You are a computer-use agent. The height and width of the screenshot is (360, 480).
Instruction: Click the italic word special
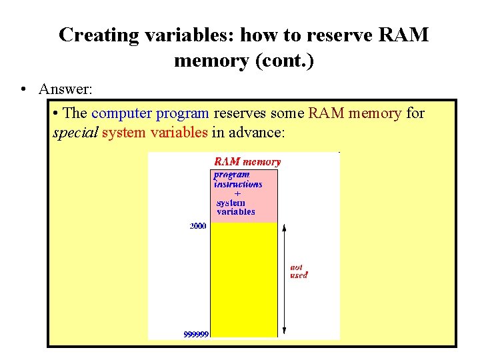75,133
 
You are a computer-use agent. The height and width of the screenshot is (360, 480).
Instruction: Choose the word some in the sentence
288,113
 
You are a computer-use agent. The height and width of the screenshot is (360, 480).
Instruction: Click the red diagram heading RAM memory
247,161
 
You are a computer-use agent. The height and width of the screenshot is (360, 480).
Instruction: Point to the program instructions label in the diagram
237,179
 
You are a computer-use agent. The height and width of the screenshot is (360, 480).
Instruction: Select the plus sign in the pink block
238,194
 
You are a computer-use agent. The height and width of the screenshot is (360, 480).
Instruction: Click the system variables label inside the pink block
235,207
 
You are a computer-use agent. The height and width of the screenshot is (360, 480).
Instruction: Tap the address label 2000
198,227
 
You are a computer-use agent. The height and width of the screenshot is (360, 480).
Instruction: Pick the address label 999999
196,334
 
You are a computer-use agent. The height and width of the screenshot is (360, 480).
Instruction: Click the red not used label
299,271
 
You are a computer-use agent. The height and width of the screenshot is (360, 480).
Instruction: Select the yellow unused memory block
243,280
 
